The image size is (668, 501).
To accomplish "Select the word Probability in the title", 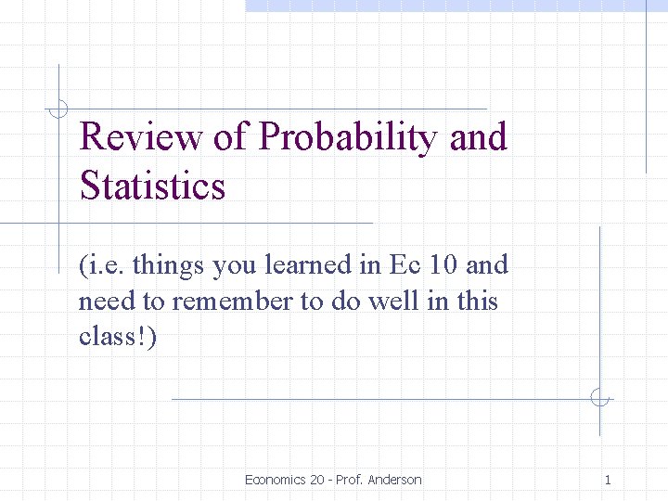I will click(348, 137).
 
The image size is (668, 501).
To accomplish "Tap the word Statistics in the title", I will click(152, 186).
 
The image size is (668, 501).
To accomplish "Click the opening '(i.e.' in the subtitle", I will click(102, 266).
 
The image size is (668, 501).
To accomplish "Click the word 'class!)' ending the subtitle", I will click(118, 337).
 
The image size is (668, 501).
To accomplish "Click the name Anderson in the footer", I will click(394, 480).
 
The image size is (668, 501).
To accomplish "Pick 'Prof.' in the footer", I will click(350, 480).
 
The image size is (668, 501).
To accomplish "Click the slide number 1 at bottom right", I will click(608, 480).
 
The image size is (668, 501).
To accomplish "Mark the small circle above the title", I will click(58, 109).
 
